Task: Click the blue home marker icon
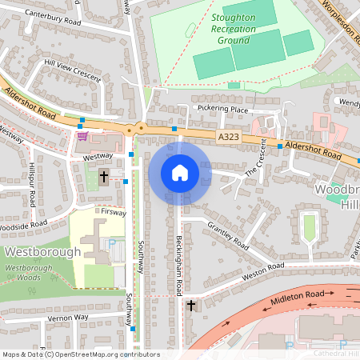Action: [x=179, y=173]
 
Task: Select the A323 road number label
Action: [x=228, y=138]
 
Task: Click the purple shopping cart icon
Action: [x=82, y=137]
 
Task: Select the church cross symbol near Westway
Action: [x=103, y=176]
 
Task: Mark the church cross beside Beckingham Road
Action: [x=190, y=306]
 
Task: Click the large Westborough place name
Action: [x=42, y=251]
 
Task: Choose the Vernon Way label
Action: [x=67, y=318]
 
